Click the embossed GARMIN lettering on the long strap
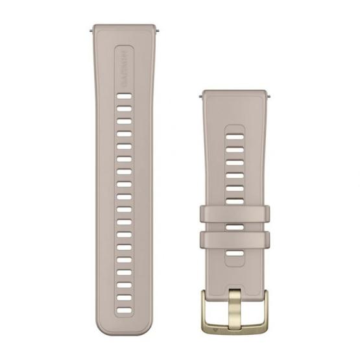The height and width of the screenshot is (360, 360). (x=124, y=71)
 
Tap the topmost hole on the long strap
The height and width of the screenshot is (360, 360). (x=124, y=96)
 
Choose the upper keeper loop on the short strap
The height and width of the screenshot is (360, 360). (x=235, y=213)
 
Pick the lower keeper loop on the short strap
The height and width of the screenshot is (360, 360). (x=235, y=239)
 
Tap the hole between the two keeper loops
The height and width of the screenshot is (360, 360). (x=235, y=226)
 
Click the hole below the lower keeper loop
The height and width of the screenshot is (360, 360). (x=235, y=252)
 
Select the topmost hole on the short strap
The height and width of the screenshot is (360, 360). (x=235, y=137)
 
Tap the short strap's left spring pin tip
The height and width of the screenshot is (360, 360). (x=200, y=96)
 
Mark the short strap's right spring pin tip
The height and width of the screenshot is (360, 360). (x=270, y=96)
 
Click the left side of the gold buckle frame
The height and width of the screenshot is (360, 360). (x=204, y=312)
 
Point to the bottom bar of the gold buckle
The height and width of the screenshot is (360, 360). (x=235, y=329)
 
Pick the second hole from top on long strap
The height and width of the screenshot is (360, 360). (x=124, y=108)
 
